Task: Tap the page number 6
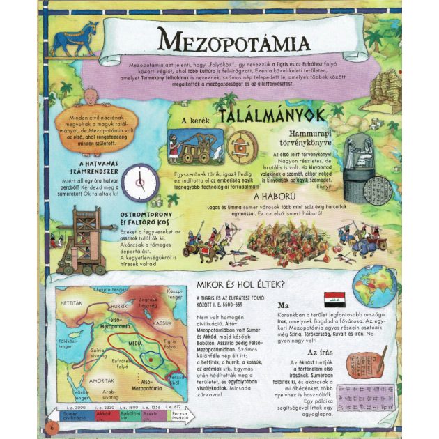51,425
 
